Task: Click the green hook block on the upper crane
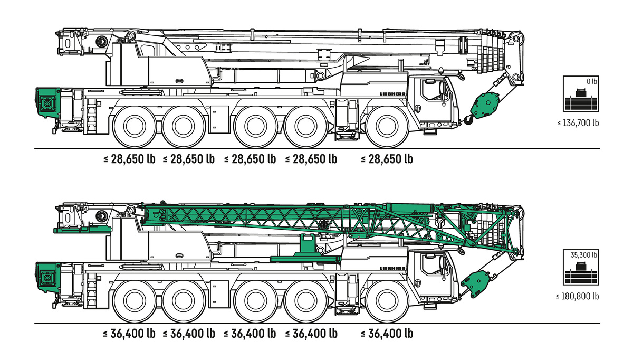click(x=484, y=105)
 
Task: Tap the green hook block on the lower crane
click(x=475, y=284)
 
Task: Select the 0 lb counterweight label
click(x=591, y=81)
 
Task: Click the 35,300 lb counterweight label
click(x=583, y=255)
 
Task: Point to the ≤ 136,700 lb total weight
click(x=578, y=123)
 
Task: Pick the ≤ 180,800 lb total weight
click(x=577, y=296)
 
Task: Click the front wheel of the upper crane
click(x=387, y=127)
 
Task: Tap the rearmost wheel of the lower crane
click(x=135, y=301)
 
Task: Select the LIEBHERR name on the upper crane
click(x=392, y=94)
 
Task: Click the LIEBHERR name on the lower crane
click(x=392, y=268)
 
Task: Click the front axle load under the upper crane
click(x=387, y=159)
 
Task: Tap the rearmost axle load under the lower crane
click(x=129, y=334)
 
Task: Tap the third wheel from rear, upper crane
click(x=256, y=127)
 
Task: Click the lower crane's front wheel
click(x=387, y=301)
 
